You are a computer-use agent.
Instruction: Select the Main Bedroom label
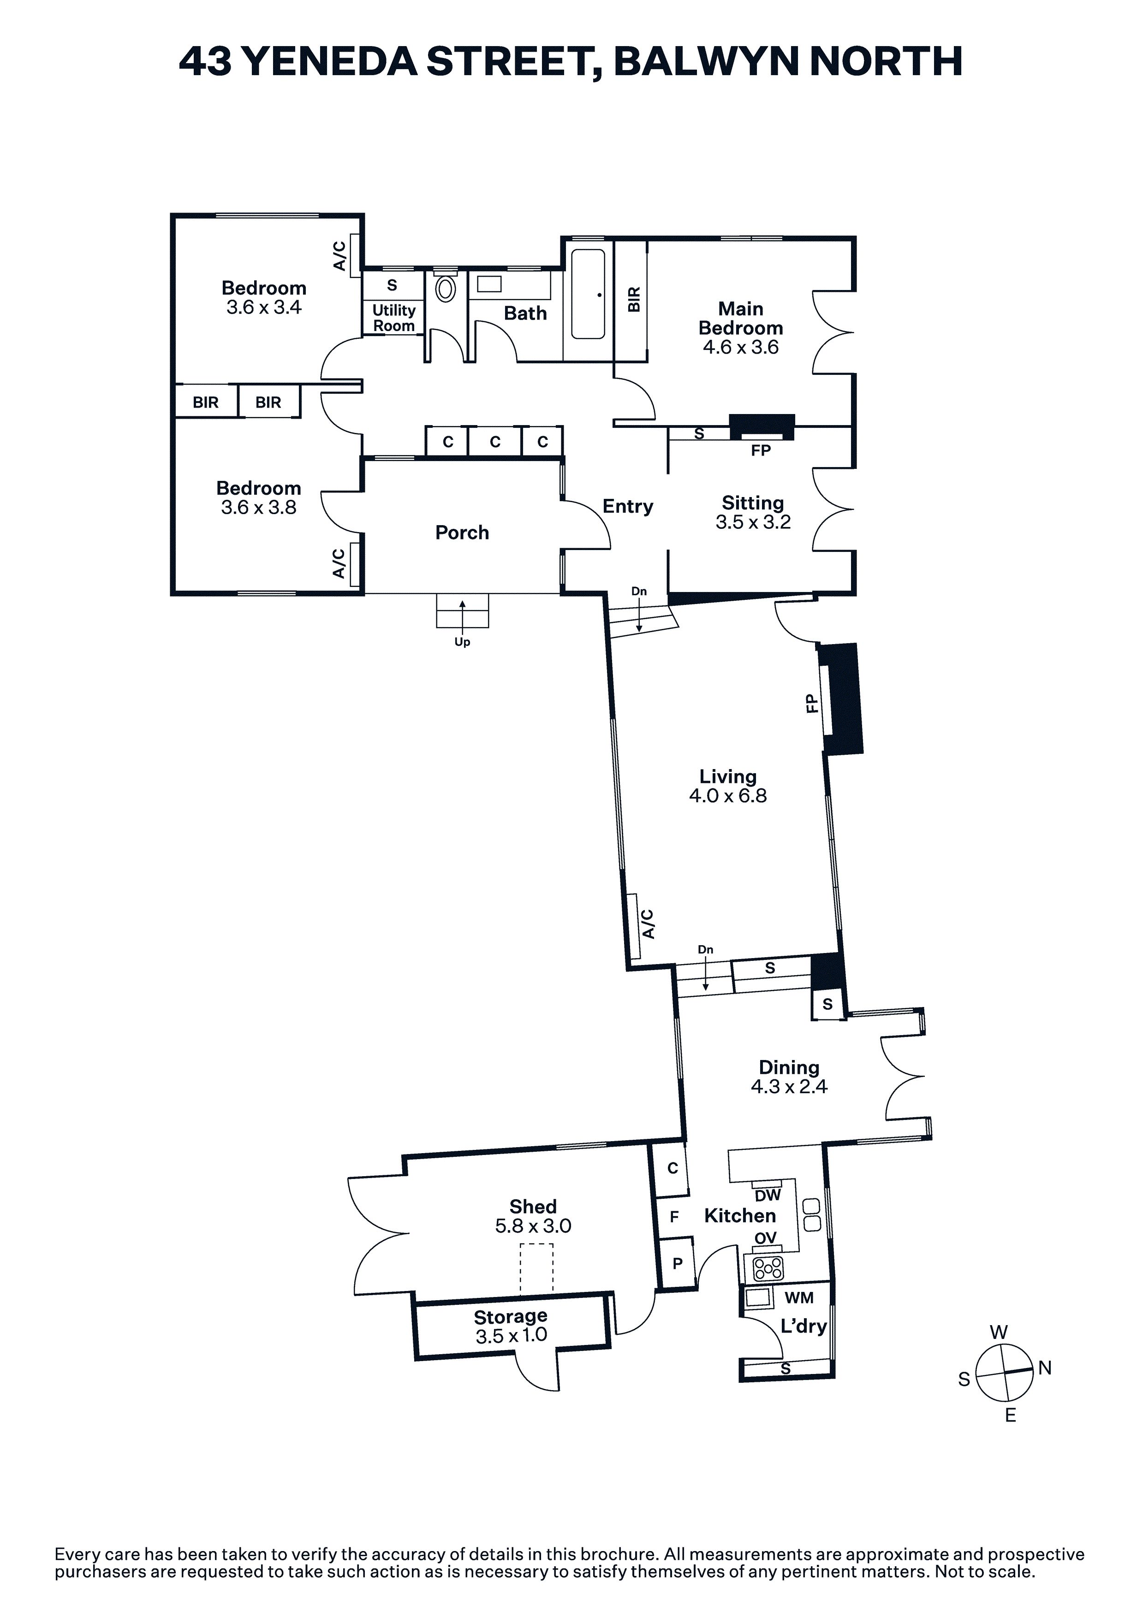point(741,318)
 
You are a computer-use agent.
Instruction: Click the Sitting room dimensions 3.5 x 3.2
point(753,522)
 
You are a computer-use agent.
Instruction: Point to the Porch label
point(462,533)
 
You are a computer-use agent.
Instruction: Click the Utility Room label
point(394,318)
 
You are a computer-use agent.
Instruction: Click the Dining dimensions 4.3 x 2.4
point(789,1087)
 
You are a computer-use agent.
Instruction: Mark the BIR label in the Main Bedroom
point(633,299)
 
